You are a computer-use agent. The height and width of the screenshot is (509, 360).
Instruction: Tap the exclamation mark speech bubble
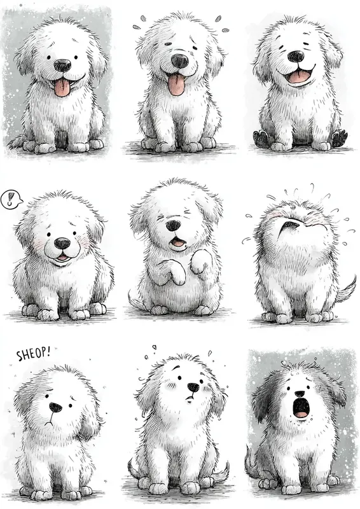click(x=9, y=200)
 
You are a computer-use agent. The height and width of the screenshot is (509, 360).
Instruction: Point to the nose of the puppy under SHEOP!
click(x=56, y=407)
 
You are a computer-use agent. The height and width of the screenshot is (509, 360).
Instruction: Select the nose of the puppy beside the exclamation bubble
click(x=62, y=243)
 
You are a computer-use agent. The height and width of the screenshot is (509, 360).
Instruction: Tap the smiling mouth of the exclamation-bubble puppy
click(x=62, y=258)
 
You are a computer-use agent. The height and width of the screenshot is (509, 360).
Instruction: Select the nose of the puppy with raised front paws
click(x=174, y=225)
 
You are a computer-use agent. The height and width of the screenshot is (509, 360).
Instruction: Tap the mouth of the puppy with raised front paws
click(x=177, y=242)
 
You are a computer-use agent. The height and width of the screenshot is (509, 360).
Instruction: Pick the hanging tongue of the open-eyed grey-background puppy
click(x=62, y=88)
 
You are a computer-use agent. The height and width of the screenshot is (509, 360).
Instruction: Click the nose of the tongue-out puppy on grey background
click(x=62, y=66)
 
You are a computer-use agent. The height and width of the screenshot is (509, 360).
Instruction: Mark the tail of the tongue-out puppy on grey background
click(x=17, y=140)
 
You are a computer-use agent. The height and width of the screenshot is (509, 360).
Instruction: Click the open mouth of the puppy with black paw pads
click(x=298, y=76)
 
